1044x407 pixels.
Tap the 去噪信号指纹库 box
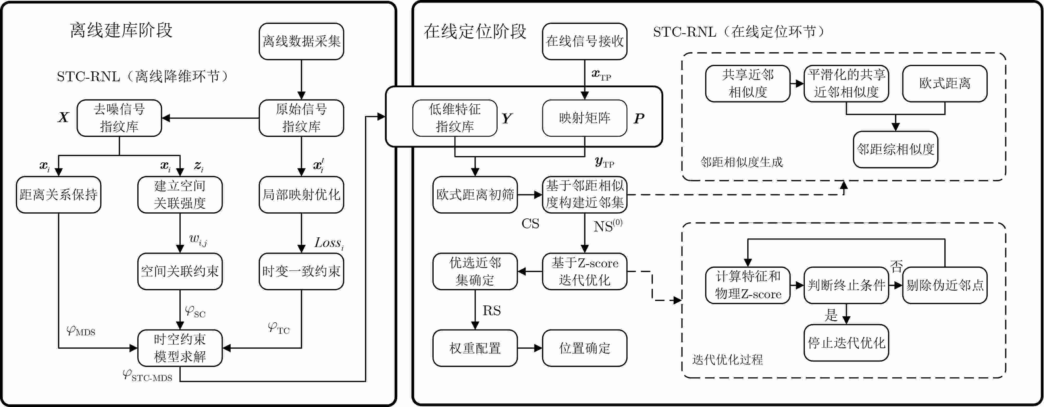(x=119, y=118)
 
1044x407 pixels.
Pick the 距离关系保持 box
(x=58, y=195)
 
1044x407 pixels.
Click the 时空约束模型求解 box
(x=180, y=348)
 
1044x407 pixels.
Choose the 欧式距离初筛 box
(x=475, y=195)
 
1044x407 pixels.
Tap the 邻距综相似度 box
(x=895, y=149)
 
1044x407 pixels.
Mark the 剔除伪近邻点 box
(x=945, y=285)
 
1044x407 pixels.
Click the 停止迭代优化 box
(x=846, y=343)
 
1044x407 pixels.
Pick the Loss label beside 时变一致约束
(x=329, y=243)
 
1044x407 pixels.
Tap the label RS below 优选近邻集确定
(x=492, y=311)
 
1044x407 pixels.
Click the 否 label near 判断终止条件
(x=896, y=266)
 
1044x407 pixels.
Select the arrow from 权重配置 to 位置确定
(x=530, y=348)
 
